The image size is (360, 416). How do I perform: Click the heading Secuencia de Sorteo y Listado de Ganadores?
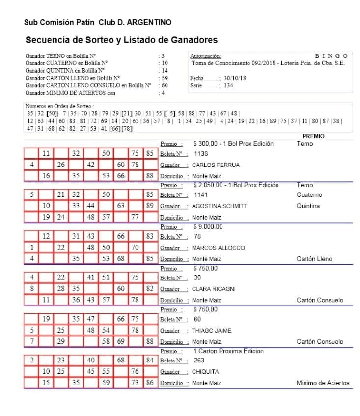point(121,40)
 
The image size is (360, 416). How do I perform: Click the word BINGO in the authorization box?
point(331,56)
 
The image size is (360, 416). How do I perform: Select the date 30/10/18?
point(235,78)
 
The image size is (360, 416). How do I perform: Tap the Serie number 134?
point(228,85)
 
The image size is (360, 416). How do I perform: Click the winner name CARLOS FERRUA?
point(216,165)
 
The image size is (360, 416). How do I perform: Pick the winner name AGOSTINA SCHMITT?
point(220,206)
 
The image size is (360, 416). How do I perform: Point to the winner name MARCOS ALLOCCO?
point(218,248)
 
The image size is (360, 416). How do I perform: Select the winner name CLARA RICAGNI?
point(214,289)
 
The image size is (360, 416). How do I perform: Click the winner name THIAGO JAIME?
point(212,331)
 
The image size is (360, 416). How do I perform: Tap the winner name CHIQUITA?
point(205,372)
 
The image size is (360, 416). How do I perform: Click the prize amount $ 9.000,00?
point(208,227)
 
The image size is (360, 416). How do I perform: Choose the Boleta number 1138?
point(201,154)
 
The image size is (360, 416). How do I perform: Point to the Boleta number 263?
point(199,361)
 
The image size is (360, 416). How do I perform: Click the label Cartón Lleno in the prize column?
point(314,259)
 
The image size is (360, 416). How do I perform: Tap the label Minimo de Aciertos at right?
point(323,383)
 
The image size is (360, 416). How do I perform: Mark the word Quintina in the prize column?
point(308,206)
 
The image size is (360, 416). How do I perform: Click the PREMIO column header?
point(313,136)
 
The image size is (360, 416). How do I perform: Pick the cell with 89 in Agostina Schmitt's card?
point(150,206)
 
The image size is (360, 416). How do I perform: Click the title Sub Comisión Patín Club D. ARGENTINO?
point(98,22)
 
